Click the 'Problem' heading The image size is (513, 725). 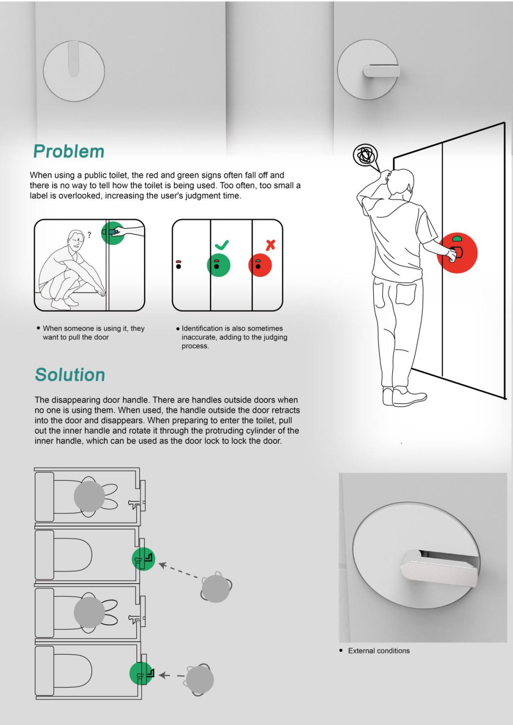point(69,151)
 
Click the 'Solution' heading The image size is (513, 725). point(70,375)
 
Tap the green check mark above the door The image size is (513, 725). point(222,245)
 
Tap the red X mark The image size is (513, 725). point(270,245)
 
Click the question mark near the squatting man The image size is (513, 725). point(89,235)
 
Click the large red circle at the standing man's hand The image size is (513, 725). point(457,252)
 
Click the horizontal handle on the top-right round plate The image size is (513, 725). point(381,71)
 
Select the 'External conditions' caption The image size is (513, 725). point(379,651)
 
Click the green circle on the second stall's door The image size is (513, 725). point(143,559)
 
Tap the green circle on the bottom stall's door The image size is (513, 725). point(141,673)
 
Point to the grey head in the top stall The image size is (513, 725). point(89,496)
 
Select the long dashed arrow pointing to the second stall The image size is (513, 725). point(179,571)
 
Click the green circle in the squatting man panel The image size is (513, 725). point(113,232)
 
